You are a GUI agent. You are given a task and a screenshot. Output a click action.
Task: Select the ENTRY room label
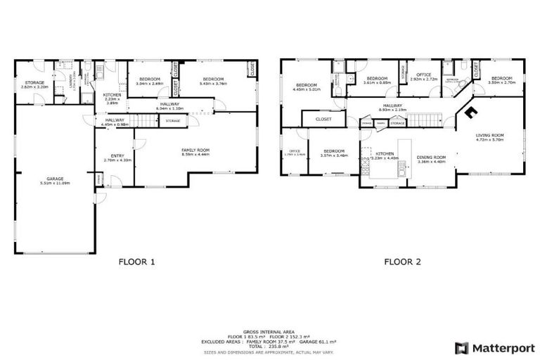(114, 156)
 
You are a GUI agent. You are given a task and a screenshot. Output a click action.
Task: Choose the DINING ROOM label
(432, 157)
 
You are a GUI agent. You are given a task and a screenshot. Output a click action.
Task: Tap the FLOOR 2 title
(402, 262)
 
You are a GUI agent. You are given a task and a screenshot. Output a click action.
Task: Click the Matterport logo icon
(461, 348)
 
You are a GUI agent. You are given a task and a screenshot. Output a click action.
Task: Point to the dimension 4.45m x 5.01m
(307, 90)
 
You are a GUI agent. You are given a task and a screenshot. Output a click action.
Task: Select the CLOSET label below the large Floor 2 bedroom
(323, 120)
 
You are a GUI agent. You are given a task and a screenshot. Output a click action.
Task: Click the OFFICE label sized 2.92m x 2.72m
(423, 75)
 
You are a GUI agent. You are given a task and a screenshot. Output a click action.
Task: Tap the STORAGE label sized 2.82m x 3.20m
(34, 82)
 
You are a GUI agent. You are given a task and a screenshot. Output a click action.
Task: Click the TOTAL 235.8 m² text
(270, 347)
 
